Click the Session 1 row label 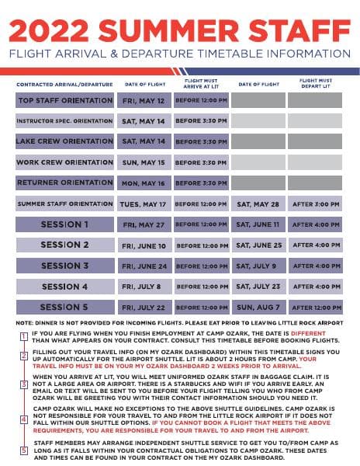coord(64,224)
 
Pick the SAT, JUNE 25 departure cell coord(258,245)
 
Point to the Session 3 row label coord(64,266)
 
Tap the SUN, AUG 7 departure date coord(258,307)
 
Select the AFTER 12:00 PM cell coord(315,307)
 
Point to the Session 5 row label coord(64,307)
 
